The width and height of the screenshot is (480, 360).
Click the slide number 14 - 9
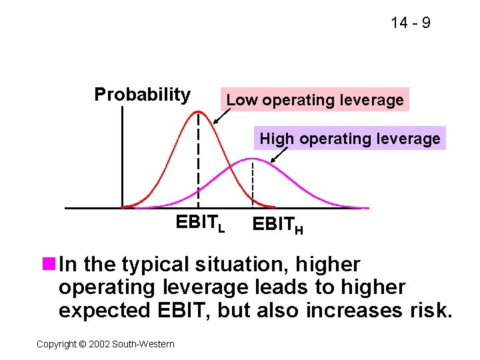(410, 23)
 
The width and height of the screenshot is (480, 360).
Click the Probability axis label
(142, 95)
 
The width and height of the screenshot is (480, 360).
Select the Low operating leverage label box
(315, 100)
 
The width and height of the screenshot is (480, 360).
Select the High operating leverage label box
(349, 139)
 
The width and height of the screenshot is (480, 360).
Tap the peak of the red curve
(197, 112)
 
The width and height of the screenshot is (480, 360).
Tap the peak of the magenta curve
(252, 159)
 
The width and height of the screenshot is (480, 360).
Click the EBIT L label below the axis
(200, 224)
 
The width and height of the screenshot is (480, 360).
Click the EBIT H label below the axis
(277, 227)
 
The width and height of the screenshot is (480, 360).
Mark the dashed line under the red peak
(198, 160)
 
